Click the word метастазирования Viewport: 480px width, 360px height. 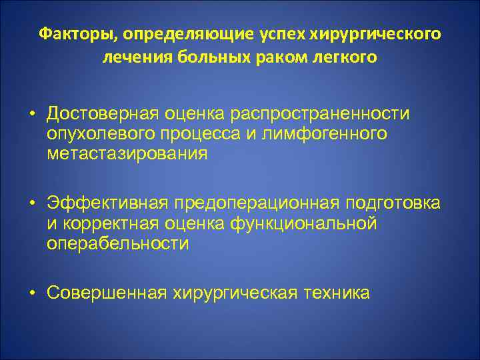pyautogui.click(x=127, y=154)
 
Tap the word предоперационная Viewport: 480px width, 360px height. pyautogui.click(x=255, y=203)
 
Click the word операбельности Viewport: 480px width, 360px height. pyautogui.click(x=117, y=244)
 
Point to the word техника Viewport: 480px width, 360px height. pyautogui.click(x=335, y=293)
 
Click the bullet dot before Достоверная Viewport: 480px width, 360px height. pyautogui.click(x=31, y=113)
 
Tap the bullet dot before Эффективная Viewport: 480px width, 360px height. pyautogui.click(x=31, y=203)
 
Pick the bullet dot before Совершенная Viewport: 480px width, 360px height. pyautogui.click(x=31, y=293)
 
